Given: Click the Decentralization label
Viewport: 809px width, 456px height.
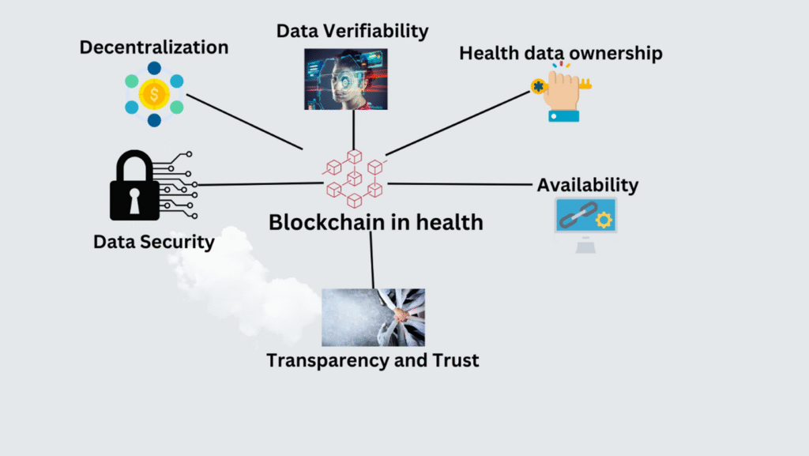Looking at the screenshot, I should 154,47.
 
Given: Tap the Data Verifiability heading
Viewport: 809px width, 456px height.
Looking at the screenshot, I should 352,31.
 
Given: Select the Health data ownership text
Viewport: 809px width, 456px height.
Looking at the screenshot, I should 561,53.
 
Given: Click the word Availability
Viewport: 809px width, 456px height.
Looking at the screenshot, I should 588,185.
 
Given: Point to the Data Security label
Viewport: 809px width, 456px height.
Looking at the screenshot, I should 154,242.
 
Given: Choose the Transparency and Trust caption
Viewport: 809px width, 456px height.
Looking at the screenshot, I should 373,360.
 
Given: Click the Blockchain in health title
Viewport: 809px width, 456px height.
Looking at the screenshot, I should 375,222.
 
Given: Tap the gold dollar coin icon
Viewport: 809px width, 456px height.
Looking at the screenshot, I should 154,95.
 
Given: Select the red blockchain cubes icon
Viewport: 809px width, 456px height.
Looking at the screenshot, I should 354,178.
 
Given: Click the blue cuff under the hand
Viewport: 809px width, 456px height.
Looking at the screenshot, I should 563,116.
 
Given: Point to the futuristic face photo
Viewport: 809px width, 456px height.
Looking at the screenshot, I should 345,79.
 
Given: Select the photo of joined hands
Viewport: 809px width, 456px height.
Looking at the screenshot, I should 374,317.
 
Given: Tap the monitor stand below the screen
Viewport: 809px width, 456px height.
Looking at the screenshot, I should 585,246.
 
